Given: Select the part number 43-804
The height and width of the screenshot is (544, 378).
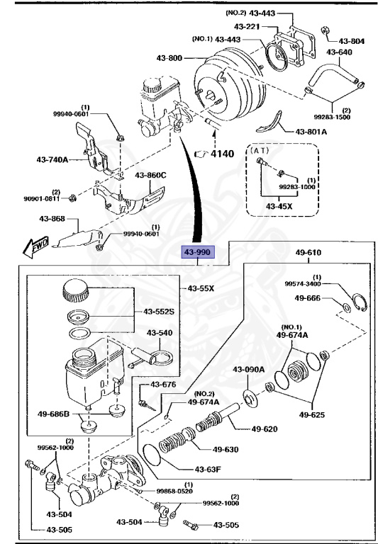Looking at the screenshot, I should [351, 41].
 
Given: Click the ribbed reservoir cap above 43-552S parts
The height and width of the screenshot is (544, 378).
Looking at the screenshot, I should [75, 290].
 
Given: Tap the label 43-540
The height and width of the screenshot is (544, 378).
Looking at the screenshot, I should [160, 332].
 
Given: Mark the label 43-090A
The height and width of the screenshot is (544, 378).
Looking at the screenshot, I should [248, 369].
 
